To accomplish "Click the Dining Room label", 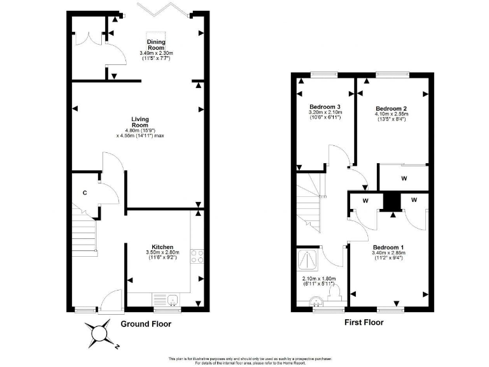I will pyautogui.click(x=156, y=45).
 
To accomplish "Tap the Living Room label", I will pyautogui.click(x=140, y=119).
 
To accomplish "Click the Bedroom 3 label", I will pyautogui.click(x=325, y=106).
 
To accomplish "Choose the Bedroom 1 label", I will pyautogui.click(x=388, y=247).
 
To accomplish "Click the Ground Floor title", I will pyautogui.click(x=146, y=324).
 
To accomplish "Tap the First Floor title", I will pyautogui.click(x=364, y=322).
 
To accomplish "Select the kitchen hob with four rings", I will pyautogui.click(x=197, y=256).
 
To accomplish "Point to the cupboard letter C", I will pyautogui.click(x=84, y=193).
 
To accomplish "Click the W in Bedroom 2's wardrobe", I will pyautogui.click(x=404, y=178).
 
